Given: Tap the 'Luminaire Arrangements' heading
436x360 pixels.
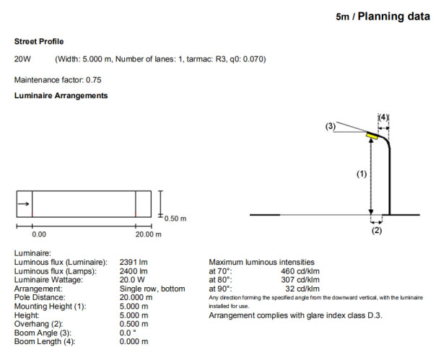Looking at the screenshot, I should click(x=61, y=95).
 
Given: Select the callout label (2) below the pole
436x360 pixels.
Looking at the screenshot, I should click(x=376, y=231).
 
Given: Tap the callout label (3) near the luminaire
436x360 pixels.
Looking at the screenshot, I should click(x=331, y=126).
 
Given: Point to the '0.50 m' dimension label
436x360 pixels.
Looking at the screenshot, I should click(x=176, y=218).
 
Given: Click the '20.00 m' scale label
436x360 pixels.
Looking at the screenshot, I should click(x=148, y=234).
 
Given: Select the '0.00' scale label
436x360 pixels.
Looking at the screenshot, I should click(x=39, y=234).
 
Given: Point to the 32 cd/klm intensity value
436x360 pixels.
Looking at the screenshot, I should click(x=305, y=288).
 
